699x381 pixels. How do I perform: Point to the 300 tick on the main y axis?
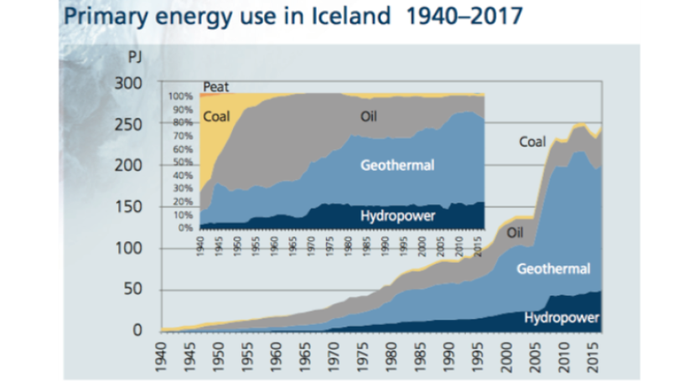pyautogui.click(x=130, y=84)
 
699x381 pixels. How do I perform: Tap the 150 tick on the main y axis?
pyautogui.click(x=130, y=207)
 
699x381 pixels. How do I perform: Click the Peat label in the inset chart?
pyautogui.click(x=216, y=87)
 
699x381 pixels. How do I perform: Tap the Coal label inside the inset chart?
pyautogui.click(x=216, y=117)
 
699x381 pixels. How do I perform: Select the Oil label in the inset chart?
pyautogui.click(x=369, y=116)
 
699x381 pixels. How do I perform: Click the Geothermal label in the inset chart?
pyautogui.click(x=396, y=165)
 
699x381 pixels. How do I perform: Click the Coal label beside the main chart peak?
pyautogui.click(x=532, y=142)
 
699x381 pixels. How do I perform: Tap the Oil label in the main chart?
pyautogui.click(x=515, y=232)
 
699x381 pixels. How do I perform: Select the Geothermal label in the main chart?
pyautogui.click(x=553, y=269)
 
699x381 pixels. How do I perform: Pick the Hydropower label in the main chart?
pyautogui.click(x=562, y=317)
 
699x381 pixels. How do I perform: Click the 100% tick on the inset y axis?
pyautogui.click(x=181, y=97)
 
